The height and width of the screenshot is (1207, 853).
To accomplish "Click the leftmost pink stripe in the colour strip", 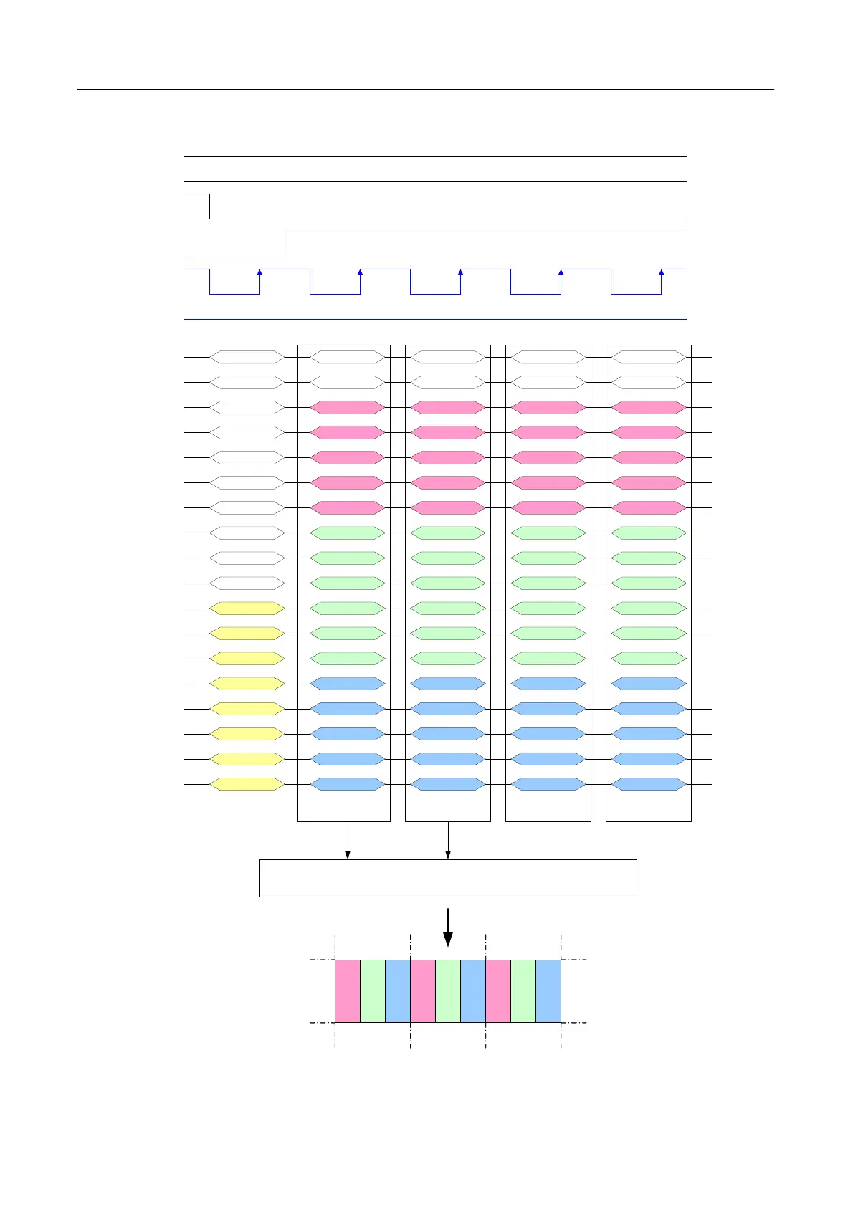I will (x=348, y=991).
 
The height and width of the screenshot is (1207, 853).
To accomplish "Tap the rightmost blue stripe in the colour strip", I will (x=548, y=991).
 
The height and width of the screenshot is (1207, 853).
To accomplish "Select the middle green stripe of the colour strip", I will (x=448, y=991).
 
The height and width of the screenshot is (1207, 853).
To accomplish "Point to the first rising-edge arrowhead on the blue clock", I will (x=259, y=272).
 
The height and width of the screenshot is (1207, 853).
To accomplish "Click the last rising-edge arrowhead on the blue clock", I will (x=661, y=272).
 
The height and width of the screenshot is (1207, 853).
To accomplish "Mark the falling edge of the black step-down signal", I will (x=210, y=206).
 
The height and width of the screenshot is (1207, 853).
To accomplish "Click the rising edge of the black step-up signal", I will (x=285, y=244).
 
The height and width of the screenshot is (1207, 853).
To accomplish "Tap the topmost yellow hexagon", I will (x=247, y=609).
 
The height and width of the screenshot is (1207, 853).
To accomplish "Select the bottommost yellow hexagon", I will (x=247, y=784).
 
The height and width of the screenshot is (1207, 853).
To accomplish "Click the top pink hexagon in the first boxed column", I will (x=348, y=407).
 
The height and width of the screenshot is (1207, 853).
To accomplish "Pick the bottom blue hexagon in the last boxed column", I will (x=649, y=784).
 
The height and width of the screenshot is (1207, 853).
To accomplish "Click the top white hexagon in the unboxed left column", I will (x=247, y=357).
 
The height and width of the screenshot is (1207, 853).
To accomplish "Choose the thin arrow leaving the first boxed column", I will (x=348, y=840).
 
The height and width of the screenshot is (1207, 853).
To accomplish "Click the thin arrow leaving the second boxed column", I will (x=448, y=840).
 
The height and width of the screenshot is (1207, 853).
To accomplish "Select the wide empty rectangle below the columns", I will (x=448, y=878).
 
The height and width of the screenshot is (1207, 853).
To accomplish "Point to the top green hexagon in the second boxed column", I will (x=448, y=533).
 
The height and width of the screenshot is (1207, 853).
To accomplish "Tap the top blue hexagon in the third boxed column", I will (x=548, y=684).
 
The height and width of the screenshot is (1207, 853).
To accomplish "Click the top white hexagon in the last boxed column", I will (x=649, y=357).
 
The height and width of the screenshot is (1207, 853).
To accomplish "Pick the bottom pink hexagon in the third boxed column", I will (x=548, y=508).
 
